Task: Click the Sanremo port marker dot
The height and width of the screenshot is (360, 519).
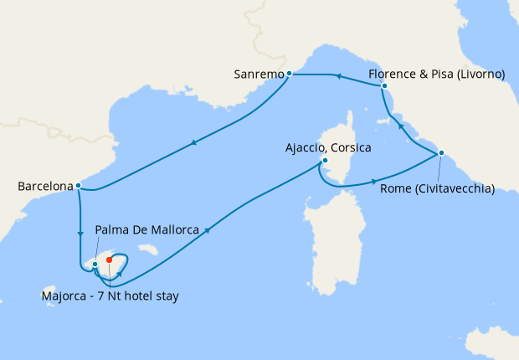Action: (x=289, y=74)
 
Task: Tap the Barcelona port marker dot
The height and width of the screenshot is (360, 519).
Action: (x=78, y=186)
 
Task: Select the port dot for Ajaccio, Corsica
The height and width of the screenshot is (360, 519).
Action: (x=324, y=162)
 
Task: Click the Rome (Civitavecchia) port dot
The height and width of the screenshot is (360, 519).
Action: (x=441, y=152)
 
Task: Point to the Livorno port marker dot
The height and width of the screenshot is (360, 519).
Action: (x=384, y=85)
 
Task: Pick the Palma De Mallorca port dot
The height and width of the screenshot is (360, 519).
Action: (x=95, y=265)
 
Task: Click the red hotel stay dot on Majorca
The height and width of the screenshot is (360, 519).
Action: (x=110, y=260)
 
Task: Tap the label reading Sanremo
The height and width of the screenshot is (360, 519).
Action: (x=259, y=75)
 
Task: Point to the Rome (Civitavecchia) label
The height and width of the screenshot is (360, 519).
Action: (x=437, y=188)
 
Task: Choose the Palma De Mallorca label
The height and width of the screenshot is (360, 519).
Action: (x=147, y=229)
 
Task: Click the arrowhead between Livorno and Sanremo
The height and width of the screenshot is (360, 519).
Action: (x=338, y=76)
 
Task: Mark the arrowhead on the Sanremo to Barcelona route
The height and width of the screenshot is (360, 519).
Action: (x=195, y=141)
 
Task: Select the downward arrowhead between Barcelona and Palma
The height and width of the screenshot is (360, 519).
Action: (x=80, y=233)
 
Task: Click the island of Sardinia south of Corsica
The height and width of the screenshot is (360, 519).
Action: (x=331, y=251)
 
